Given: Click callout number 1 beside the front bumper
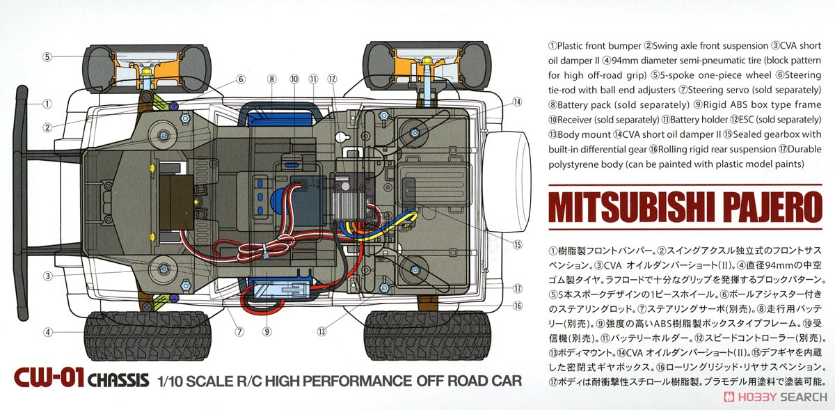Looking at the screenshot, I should pos(47,104).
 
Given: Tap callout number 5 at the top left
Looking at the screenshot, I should pos(47,56).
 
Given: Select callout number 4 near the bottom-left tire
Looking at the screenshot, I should pos(47,332).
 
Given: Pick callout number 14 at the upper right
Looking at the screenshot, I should pos(516,102).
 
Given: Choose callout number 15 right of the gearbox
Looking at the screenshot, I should pos(516,244).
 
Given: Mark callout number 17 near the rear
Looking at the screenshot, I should pos(516,289).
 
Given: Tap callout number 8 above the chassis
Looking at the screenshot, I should pos(271,79).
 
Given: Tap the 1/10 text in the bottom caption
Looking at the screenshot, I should pos(171,381).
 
